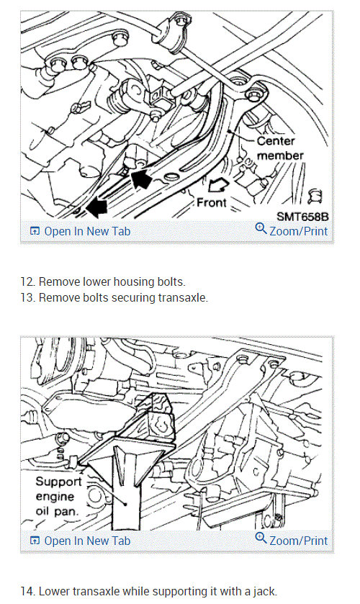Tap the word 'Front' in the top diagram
coord(211,202)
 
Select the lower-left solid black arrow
coord(96,208)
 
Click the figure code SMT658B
coord(302,217)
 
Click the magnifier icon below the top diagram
coord(261,228)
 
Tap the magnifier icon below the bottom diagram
coord(261,538)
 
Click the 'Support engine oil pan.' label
coord(58,496)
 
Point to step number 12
coord(28,282)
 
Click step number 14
coord(28,591)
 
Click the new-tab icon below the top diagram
coord(35,232)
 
